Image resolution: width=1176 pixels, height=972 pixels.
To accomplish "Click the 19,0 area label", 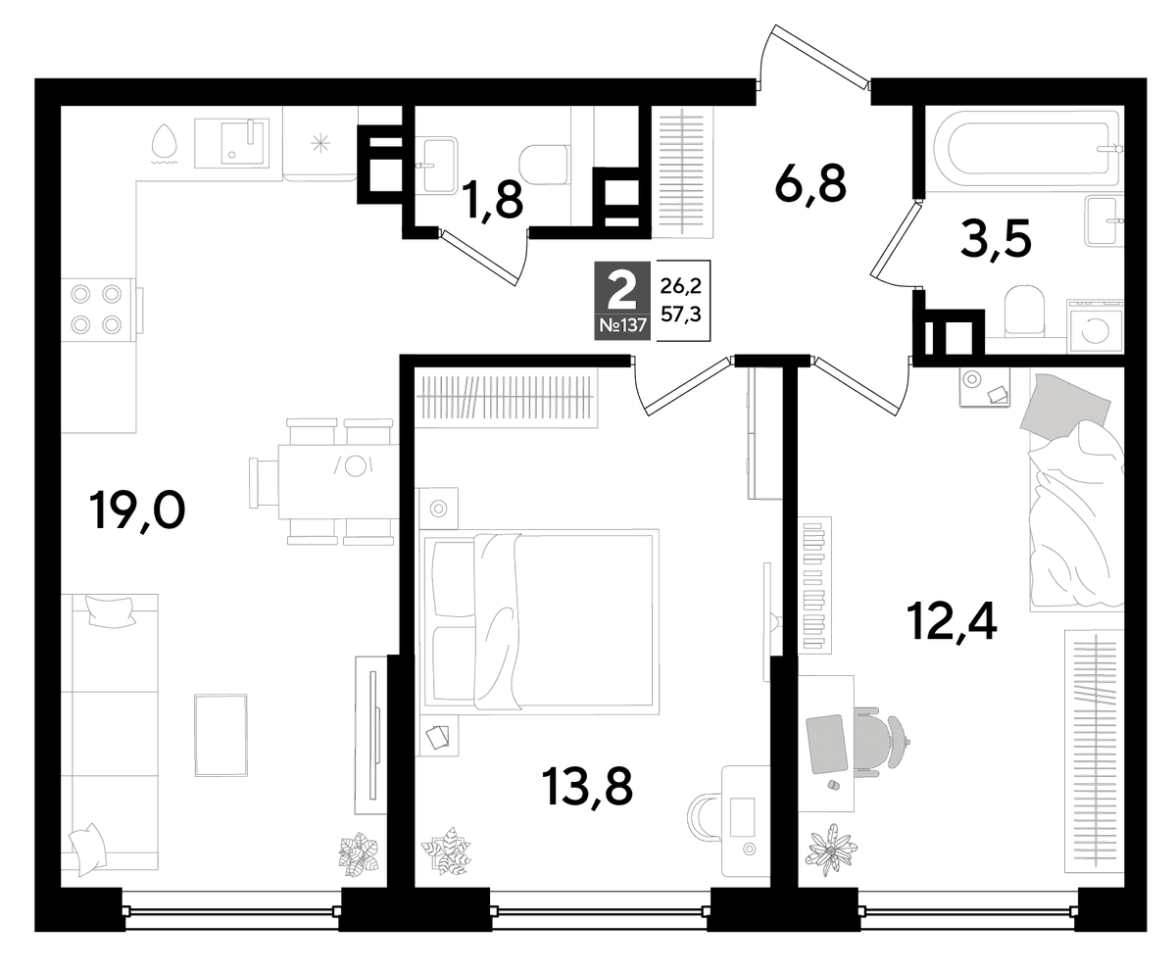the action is [x=137, y=510].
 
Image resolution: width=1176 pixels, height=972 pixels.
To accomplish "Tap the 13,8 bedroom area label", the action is [x=587, y=787].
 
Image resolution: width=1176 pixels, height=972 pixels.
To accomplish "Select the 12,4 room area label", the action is [x=953, y=620].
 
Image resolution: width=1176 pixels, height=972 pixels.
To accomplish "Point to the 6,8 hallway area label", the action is [x=810, y=185].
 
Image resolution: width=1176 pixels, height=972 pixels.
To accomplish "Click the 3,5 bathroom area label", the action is [x=996, y=239].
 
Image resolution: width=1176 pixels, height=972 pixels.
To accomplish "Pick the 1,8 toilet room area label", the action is [x=492, y=200].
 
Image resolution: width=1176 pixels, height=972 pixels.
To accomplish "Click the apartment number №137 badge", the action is [x=622, y=325].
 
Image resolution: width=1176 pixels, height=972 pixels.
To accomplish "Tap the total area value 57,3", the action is [x=681, y=315].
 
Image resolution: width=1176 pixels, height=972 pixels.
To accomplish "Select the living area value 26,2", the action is [x=681, y=287].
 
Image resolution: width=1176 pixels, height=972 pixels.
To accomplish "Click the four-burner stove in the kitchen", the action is [x=97, y=310].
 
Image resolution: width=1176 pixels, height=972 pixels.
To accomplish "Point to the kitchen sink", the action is [x=231, y=143].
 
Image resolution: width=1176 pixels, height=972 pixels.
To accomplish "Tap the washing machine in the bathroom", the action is [x=1095, y=327].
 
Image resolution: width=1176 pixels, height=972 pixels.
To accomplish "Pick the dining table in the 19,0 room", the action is [x=338, y=482].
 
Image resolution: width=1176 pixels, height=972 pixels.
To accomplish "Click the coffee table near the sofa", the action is [x=220, y=735].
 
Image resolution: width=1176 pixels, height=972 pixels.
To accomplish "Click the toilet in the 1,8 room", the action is [x=543, y=165].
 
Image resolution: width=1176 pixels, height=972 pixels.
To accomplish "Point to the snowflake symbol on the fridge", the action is [x=319, y=143].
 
